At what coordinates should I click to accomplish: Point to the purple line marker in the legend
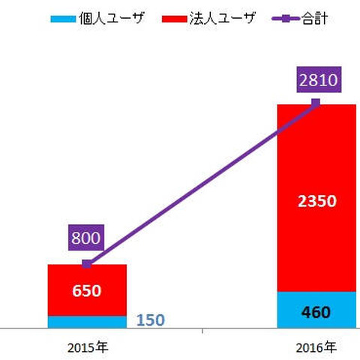[x=279, y=17]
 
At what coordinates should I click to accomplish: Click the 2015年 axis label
[x=87, y=348]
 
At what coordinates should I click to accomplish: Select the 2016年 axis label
[x=316, y=348]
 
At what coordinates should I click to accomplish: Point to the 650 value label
[x=87, y=290]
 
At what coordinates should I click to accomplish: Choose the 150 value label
[x=151, y=321]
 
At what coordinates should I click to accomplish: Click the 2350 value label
[x=316, y=201]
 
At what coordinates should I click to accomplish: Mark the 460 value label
[x=316, y=311]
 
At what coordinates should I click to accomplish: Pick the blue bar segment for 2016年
[x=292, y=310]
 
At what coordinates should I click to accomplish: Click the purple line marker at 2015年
[x=87, y=264]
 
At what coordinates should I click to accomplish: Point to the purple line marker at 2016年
[x=316, y=103]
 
